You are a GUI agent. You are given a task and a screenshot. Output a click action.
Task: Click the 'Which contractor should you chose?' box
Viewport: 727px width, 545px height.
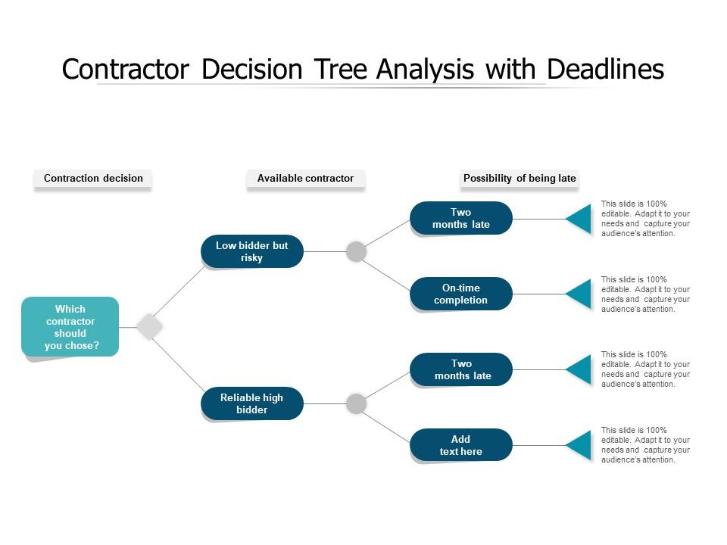click(x=70, y=327)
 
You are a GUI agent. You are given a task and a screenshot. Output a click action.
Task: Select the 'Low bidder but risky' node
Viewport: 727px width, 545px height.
click(x=252, y=251)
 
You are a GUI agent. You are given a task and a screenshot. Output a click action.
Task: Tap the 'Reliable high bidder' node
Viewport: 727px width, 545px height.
click(x=252, y=403)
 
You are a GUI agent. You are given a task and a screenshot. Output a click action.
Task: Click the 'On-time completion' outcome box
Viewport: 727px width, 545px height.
click(x=461, y=294)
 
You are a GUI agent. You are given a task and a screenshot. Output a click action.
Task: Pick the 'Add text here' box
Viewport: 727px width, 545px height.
click(x=461, y=445)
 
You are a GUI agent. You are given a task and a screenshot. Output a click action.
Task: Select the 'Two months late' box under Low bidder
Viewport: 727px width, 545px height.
click(x=461, y=218)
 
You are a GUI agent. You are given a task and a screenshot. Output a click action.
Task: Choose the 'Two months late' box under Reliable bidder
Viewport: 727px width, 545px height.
click(x=461, y=369)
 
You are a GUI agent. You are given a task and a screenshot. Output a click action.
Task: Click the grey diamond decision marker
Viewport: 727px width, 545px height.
click(x=150, y=327)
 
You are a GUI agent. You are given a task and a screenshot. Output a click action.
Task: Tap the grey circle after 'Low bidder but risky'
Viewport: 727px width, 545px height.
click(x=357, y=252)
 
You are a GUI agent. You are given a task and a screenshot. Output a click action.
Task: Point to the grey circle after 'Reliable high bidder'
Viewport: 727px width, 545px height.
click(x=357, y=404)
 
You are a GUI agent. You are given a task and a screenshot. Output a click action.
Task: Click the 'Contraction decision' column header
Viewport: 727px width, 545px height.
click(x=93, y=179)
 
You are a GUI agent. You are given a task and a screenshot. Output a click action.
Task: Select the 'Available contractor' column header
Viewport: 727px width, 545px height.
click(x=305, y=179)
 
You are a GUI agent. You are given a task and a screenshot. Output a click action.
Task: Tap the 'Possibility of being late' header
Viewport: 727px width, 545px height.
click(x=520, y=179)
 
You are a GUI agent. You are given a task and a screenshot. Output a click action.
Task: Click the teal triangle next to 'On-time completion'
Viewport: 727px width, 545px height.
click(x=581, y=294)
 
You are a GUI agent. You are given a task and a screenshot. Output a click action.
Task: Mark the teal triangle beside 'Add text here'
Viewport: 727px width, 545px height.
click(x=581, y=445)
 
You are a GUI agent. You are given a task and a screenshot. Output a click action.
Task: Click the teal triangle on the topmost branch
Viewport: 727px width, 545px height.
click(x=581, y=219)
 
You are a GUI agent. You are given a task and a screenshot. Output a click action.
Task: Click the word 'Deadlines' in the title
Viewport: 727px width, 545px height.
click(x=605, y=70)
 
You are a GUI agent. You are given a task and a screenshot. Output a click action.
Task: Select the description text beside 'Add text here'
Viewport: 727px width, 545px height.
click(x=645, y=445)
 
